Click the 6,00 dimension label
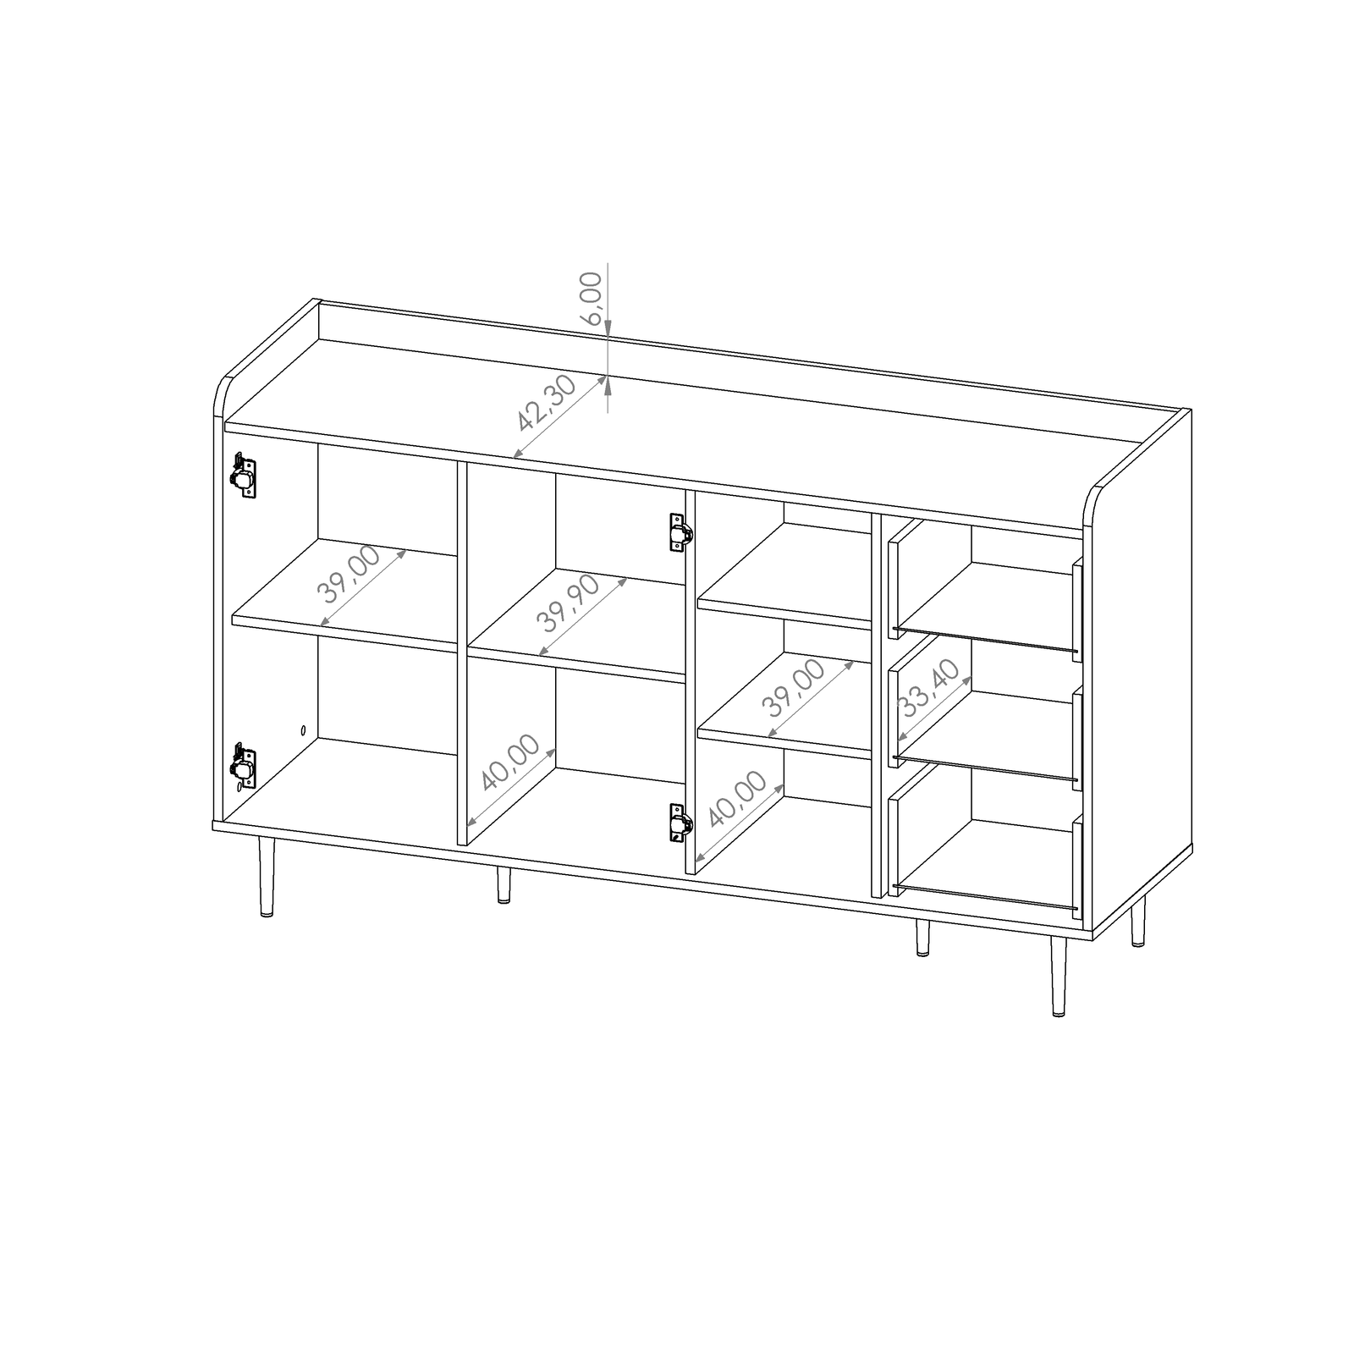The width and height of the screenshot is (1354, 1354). (x=592, y=298)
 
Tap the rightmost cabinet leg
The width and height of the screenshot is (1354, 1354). (x=1138, y=922)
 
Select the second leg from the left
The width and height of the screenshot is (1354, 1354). (x=504, y=884)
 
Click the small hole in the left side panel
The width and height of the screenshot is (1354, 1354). (x=304, y=729)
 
